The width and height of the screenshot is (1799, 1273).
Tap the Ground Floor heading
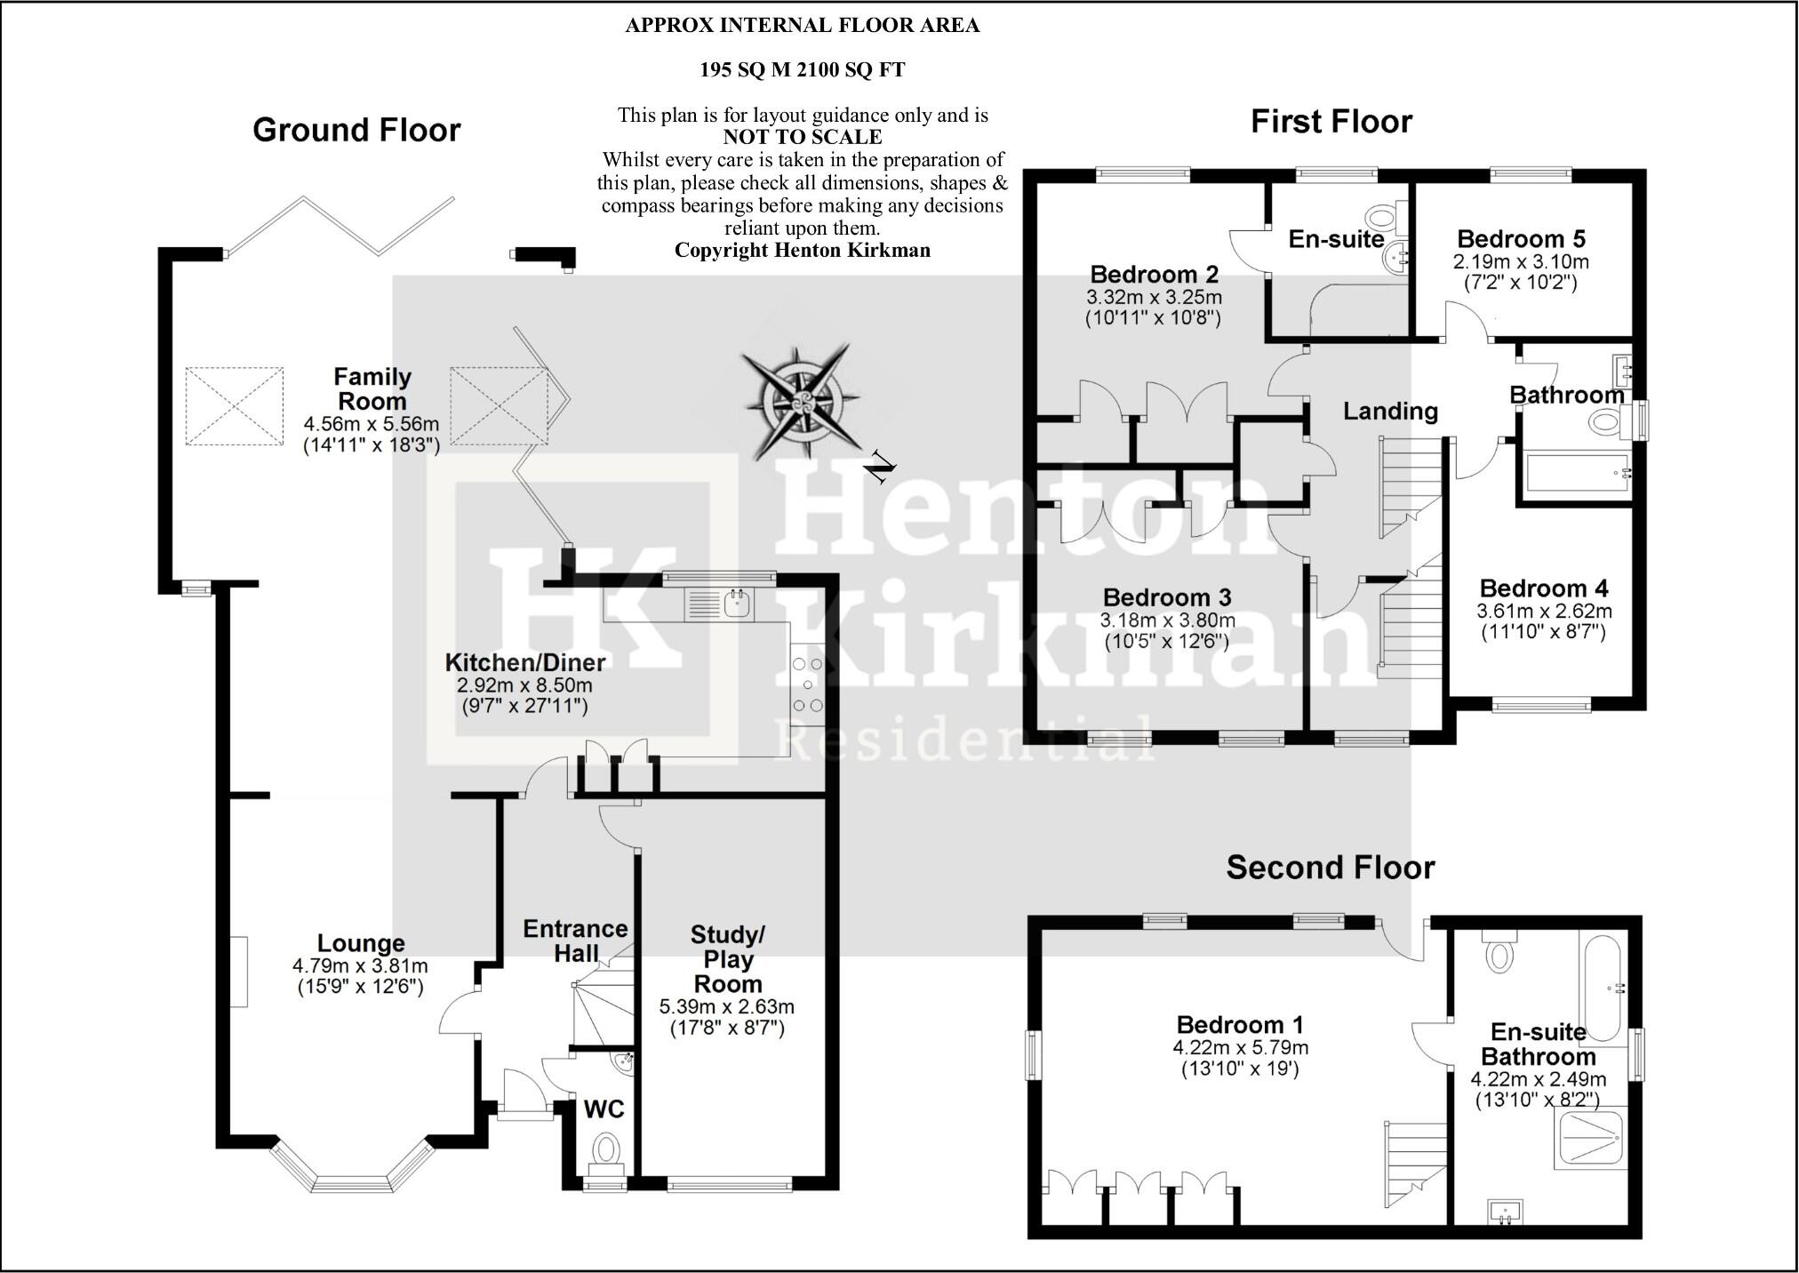click(356, 131)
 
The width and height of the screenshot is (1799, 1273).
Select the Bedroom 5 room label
click(1521, 239)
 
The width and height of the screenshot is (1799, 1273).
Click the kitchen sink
click(738, 605)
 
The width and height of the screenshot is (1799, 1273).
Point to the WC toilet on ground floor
click(605, 1149)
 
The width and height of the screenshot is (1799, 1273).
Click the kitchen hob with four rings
click(806, 685)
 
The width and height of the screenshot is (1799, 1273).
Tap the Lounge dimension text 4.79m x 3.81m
click(360, 966)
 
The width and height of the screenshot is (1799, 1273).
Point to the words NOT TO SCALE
click(802, 138)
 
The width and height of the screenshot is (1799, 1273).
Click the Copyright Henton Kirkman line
click(802, 251)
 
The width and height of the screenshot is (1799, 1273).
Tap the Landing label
click(1390, 411)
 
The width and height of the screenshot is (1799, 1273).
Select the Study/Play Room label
click(728, 959)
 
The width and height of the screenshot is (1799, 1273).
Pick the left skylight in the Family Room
click(235, 405)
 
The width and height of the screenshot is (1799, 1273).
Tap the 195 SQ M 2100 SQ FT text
click(802, 70)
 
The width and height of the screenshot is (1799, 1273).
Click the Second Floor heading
click(1330, 868)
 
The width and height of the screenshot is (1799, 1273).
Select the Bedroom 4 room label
click(1544, 588)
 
